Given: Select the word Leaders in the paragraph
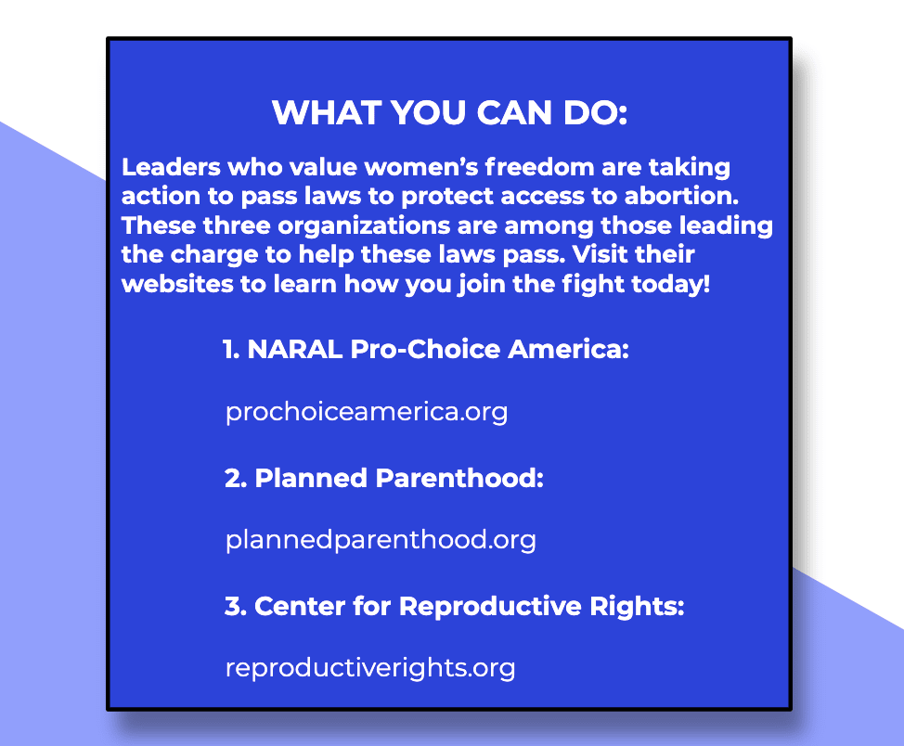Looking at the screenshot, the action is (x=171, y=167).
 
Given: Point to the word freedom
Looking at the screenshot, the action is (x=539, y=167).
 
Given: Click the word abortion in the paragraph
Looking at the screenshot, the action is (x=681, y=196).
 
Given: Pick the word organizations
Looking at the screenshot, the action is (x=364, y=226).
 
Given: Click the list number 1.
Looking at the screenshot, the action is (x=230, y=350).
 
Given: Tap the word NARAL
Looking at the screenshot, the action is (x=294, y=350).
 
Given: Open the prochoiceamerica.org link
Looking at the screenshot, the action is (x=367, y=412).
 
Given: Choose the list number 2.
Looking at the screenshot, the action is (x=235, y=478).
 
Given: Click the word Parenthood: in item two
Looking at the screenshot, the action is (x=459, y=478).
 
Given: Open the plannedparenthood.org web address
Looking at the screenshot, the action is (x=381, y=540).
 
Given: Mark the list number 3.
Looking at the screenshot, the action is (x=235, y=607).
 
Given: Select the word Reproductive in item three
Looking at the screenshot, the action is (x=490, y=607).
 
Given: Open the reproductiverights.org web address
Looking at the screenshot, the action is (x=370, y=668).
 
